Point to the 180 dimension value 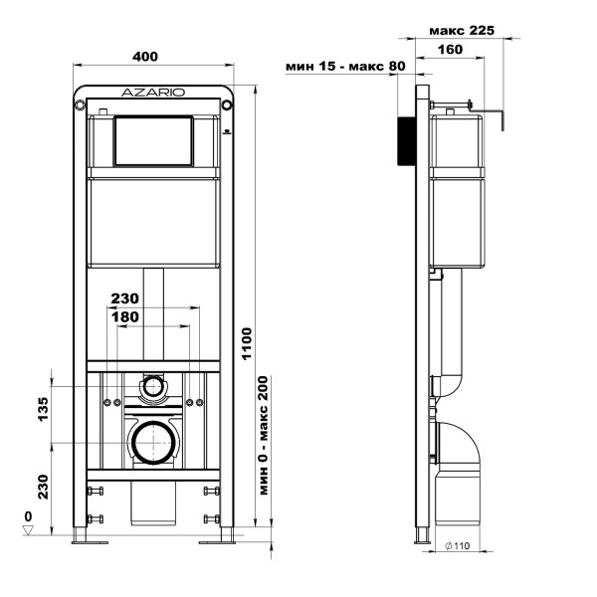click(x=125, y=316)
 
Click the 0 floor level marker click(x=28, y=517)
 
